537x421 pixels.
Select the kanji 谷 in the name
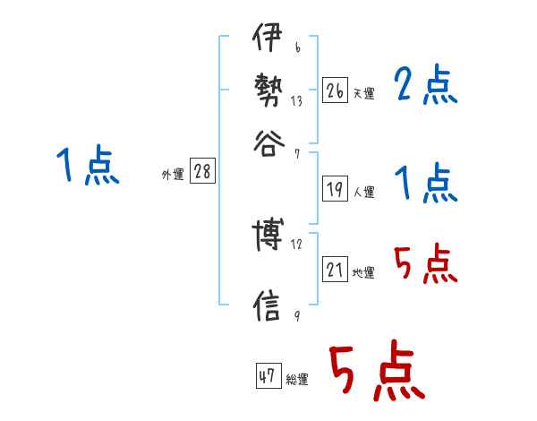268,143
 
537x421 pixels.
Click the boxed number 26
334,90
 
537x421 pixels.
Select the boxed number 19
334,189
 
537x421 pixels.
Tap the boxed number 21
334,271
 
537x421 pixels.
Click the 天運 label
363,93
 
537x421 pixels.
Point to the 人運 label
363,192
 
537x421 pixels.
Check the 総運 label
297,380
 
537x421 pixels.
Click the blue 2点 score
425,86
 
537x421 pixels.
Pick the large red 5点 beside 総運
377,374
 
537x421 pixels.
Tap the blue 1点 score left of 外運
88,167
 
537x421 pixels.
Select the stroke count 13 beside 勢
296,101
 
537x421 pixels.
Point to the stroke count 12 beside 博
296,244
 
